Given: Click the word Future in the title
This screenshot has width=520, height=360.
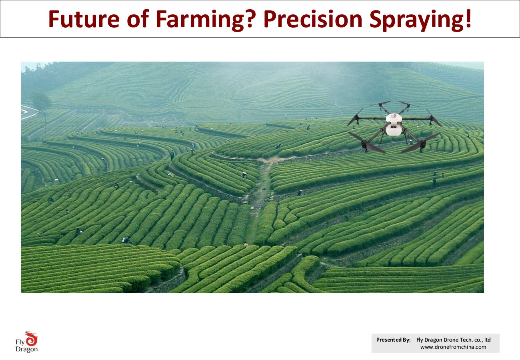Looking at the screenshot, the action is (84, 19).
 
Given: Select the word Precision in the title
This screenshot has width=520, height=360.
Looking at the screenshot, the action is (313, 19).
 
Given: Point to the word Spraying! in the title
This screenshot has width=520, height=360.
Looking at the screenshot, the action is (420, 20).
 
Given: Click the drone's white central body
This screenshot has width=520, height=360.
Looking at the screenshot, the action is (394, 125).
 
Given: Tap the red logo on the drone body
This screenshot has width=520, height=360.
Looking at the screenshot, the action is (394, 116).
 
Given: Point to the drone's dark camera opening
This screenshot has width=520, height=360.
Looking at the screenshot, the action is (394, 126).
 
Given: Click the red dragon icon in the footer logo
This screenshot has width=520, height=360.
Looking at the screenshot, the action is (31, 338).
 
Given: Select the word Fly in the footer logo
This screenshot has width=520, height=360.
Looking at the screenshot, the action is (20, 342).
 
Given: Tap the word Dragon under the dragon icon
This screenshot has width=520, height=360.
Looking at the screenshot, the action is (26, 349).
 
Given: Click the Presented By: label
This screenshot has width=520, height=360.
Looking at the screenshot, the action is (393, 340).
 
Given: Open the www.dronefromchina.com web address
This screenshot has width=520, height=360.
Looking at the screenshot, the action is (453, 347).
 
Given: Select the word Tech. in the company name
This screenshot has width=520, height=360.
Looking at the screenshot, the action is (466, 340).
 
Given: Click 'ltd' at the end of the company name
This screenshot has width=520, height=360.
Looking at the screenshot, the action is (488, 340).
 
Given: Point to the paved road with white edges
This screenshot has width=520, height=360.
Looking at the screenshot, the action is (29, 112).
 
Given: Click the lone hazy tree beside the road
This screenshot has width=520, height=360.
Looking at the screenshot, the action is (41, 102).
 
